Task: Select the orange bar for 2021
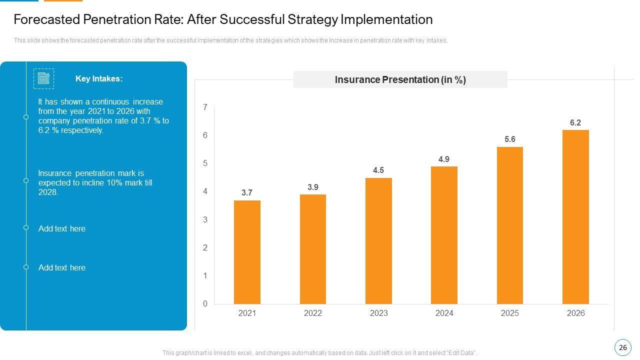point(247,252)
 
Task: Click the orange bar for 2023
point(378,240)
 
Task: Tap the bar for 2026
point(575,217)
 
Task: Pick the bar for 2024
point(444,235)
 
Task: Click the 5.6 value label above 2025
point(509,139)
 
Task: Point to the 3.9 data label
point(313,187)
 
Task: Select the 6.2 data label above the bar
point(575,122)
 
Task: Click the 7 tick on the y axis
point(205,107)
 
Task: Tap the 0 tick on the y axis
point(205,303)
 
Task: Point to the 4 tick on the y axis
point(205,191)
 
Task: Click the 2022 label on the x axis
point(313,313)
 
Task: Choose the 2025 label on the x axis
point(509,313)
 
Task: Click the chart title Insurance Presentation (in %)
point(400,79)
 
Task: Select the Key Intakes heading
point(99,78)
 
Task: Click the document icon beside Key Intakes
point(43,78)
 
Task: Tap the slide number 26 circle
point(622,347)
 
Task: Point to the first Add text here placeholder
point(62,228)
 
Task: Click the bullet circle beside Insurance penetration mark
point(26,180)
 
